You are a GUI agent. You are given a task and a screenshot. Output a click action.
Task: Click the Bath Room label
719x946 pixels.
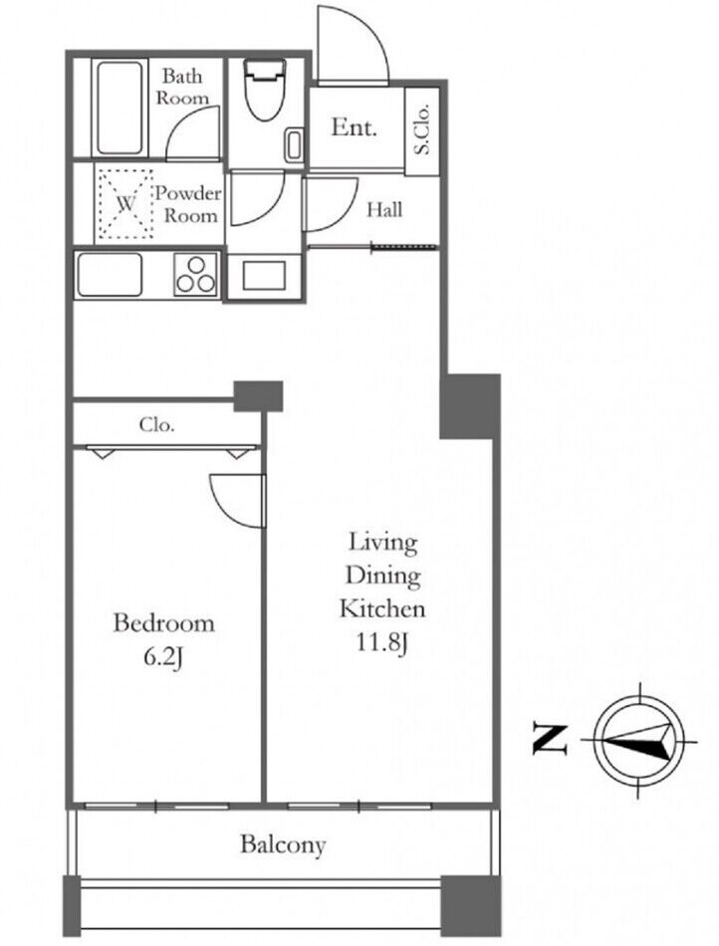[x=182, y=87]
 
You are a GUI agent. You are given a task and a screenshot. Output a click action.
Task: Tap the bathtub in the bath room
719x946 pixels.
[x=120, y=108]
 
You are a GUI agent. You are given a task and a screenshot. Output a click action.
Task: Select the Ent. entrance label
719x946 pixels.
[x=355, y=127]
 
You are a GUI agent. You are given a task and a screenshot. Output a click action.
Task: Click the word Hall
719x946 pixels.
[x=384, y=210]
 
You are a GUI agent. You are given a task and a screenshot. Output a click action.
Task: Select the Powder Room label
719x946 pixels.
[x=189, y=204]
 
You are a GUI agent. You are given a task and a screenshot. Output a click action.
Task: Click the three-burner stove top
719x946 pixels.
[x=195, y=275]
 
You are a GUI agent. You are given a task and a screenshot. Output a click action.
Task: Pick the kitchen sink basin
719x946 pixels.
[x=110, y=275]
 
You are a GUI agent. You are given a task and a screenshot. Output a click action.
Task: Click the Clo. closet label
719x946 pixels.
[x=156, y=425]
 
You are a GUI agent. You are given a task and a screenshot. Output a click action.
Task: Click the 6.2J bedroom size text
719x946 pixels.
[x=163, y=657]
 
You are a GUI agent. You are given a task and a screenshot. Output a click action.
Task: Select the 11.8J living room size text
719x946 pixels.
[x=382, y=642]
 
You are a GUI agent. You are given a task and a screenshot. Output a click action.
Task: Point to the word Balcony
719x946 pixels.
[x=283, y=844]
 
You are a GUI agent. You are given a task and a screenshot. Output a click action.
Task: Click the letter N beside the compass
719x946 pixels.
[x=550, y=739]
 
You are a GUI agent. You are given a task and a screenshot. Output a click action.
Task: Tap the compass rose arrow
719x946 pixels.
[x=640, y=740]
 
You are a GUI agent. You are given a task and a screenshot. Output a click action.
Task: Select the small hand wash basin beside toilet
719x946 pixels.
[x=295, y=144]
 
